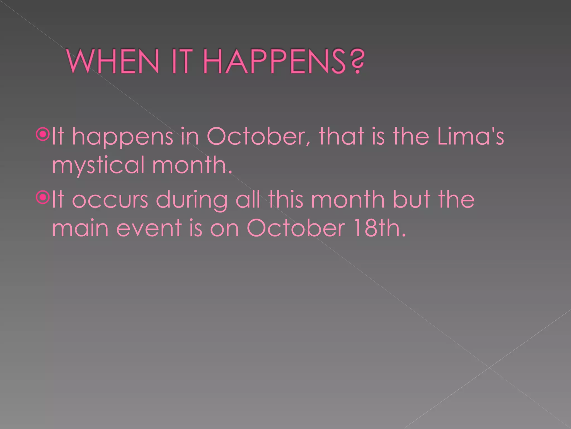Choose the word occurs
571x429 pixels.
(110, 200)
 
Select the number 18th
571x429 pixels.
(379, 228)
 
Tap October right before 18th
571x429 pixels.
(296, 228)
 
